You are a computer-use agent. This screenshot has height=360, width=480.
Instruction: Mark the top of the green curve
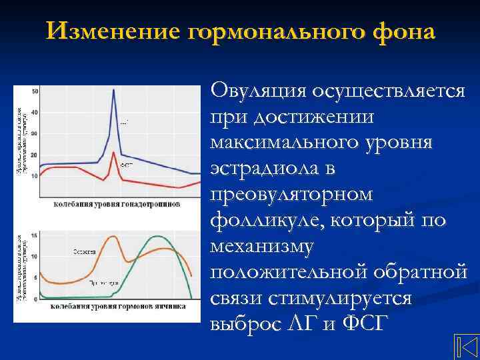click(158, 236)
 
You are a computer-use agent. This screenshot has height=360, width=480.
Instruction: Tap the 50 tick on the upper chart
click(35, 91)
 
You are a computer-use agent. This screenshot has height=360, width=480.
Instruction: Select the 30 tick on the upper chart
click(35, 133)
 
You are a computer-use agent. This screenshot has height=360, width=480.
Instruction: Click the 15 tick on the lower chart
click(35, 235)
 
